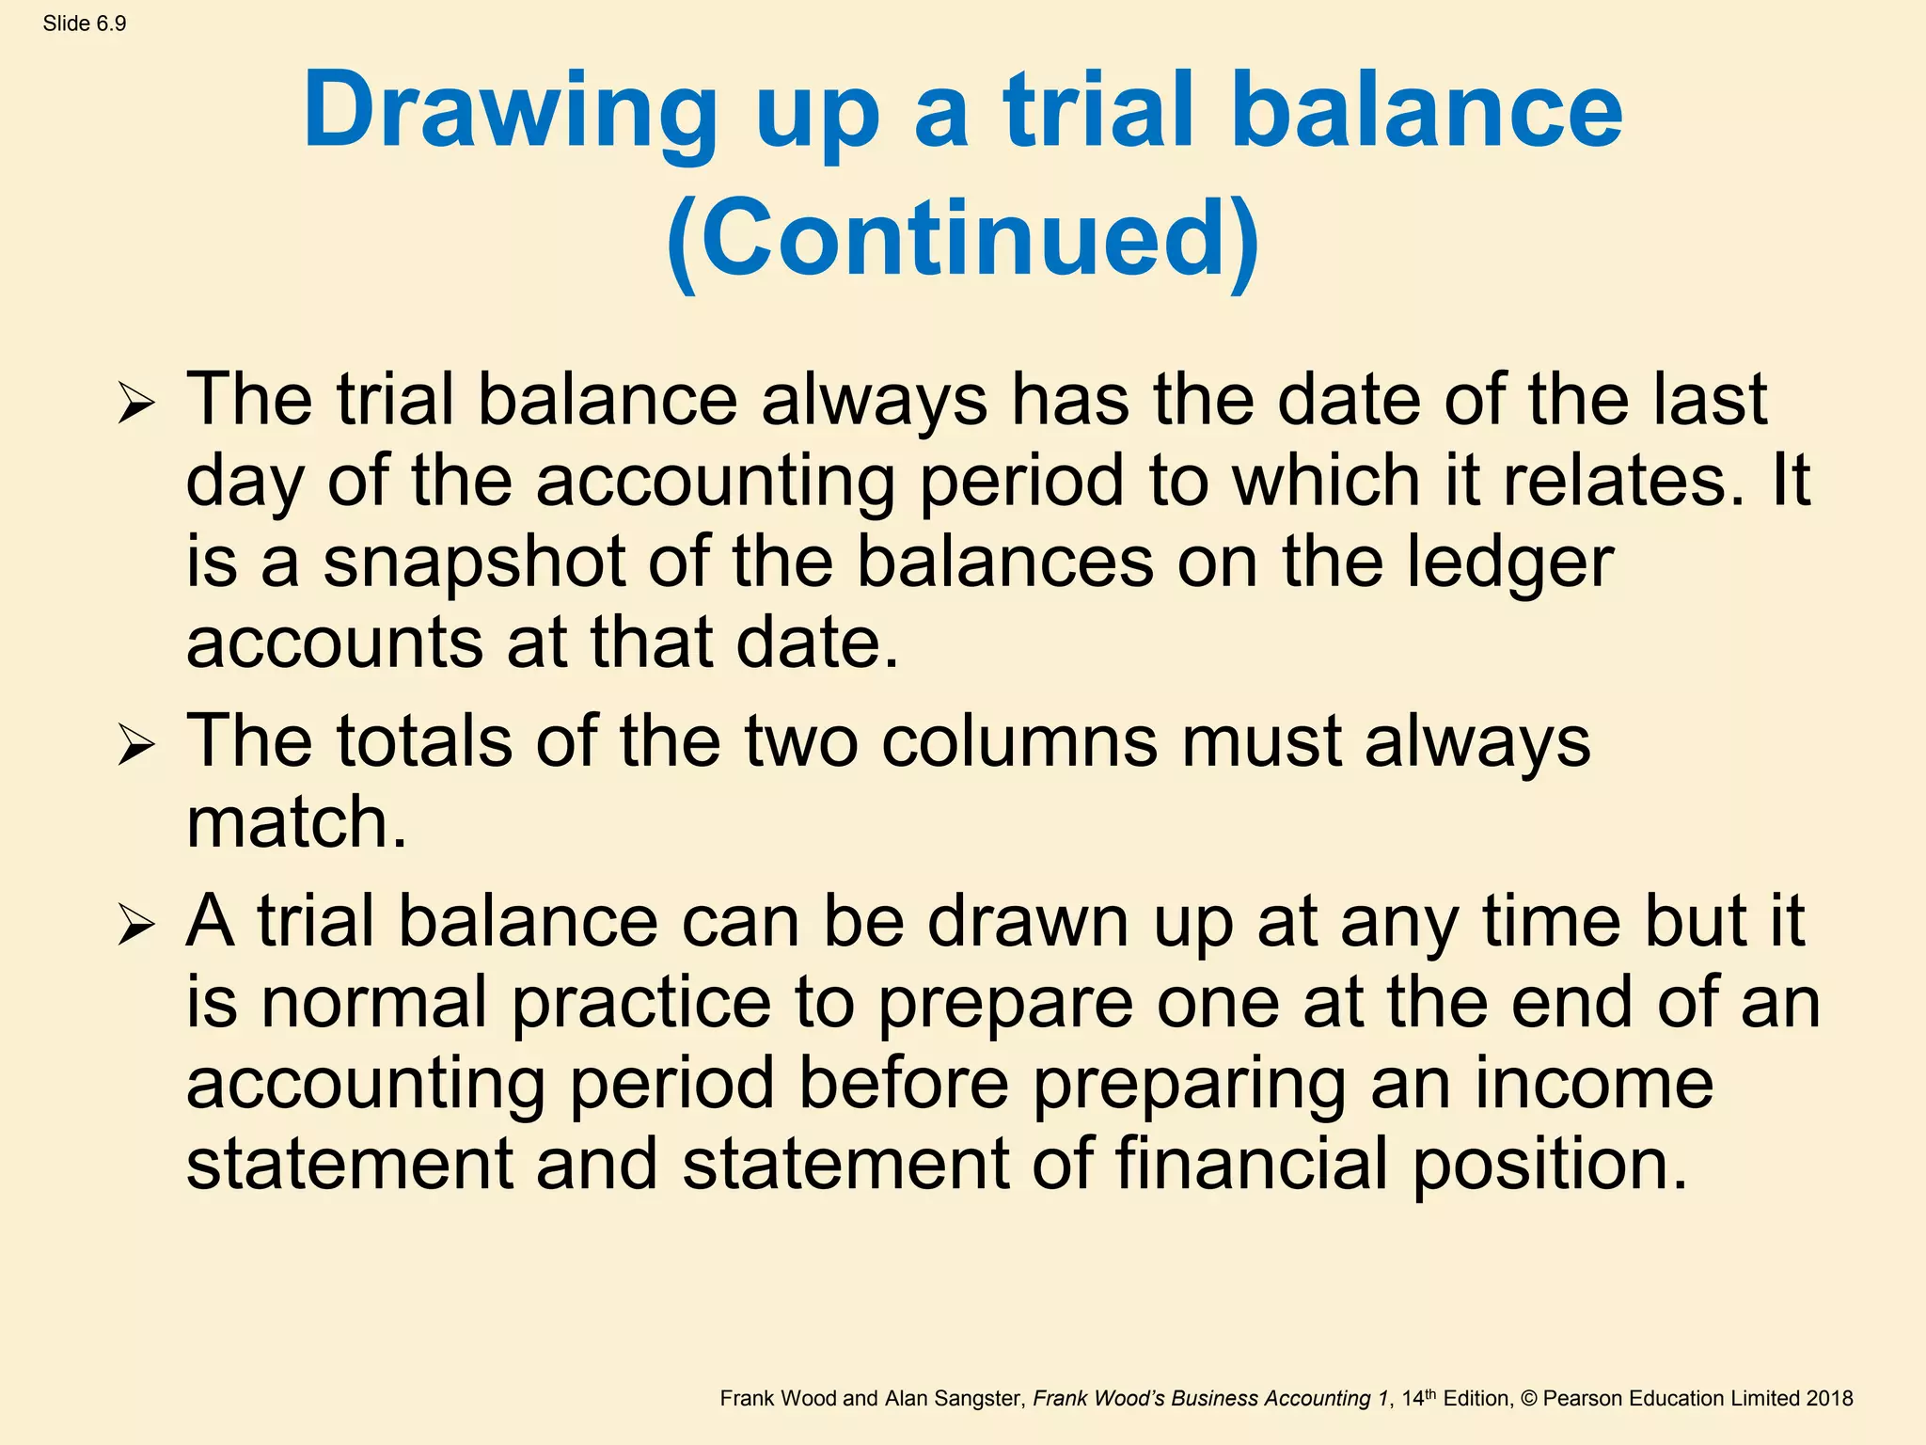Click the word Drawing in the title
point(510,111)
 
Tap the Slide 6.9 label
point(85,24)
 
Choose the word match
point(296,822)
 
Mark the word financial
point(1252,1164)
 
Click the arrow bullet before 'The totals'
point(136,747)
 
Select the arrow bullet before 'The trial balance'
point(136,405)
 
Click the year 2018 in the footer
point(1830,1399)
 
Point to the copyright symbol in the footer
point(1528,1399)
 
